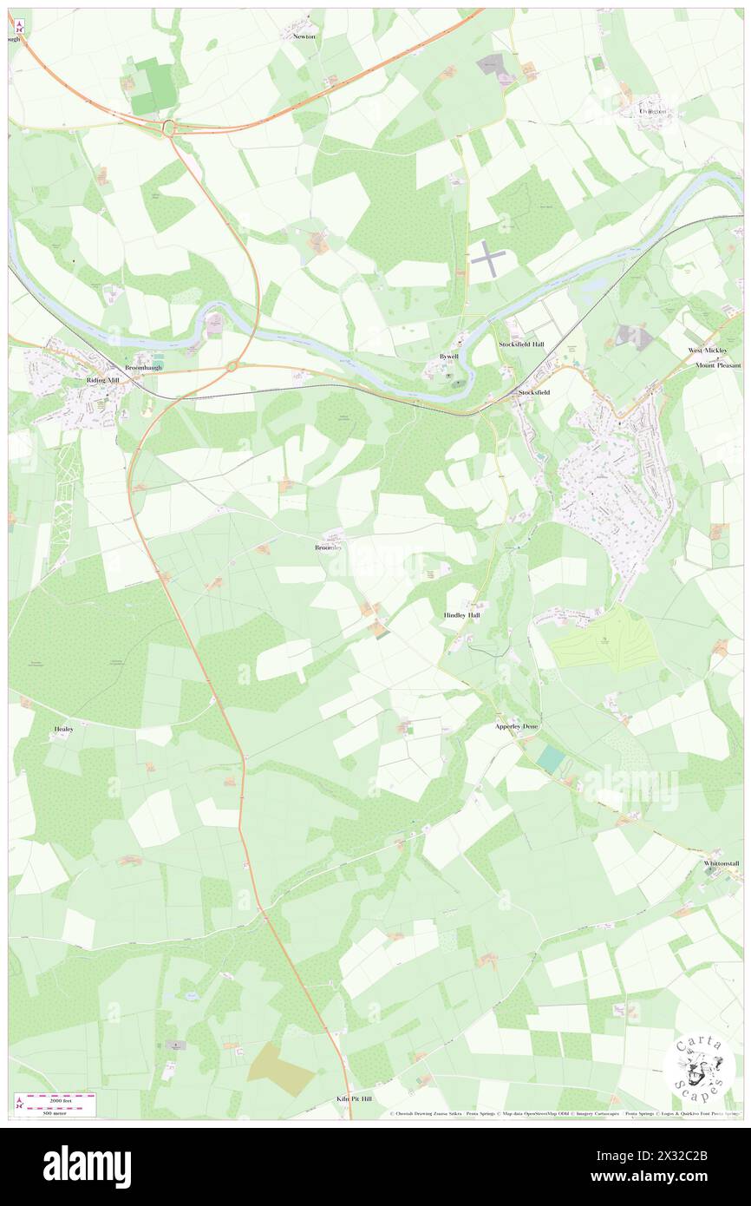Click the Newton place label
(x=304, y=37)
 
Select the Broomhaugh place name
(x=143, y=368)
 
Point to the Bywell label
(x=449, y=357)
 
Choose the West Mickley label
(x=709, y=351)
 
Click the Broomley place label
(x=329, y=548)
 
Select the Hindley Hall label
(x=461, y=614)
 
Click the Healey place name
(x=63, y=730)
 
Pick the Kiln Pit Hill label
(x=354, y=1098)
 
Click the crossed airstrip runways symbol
(x=489, y=259)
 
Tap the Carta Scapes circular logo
(x=699, y=1067)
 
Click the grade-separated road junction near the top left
(x=169, y=128)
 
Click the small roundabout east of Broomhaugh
(x=232, y=367)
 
